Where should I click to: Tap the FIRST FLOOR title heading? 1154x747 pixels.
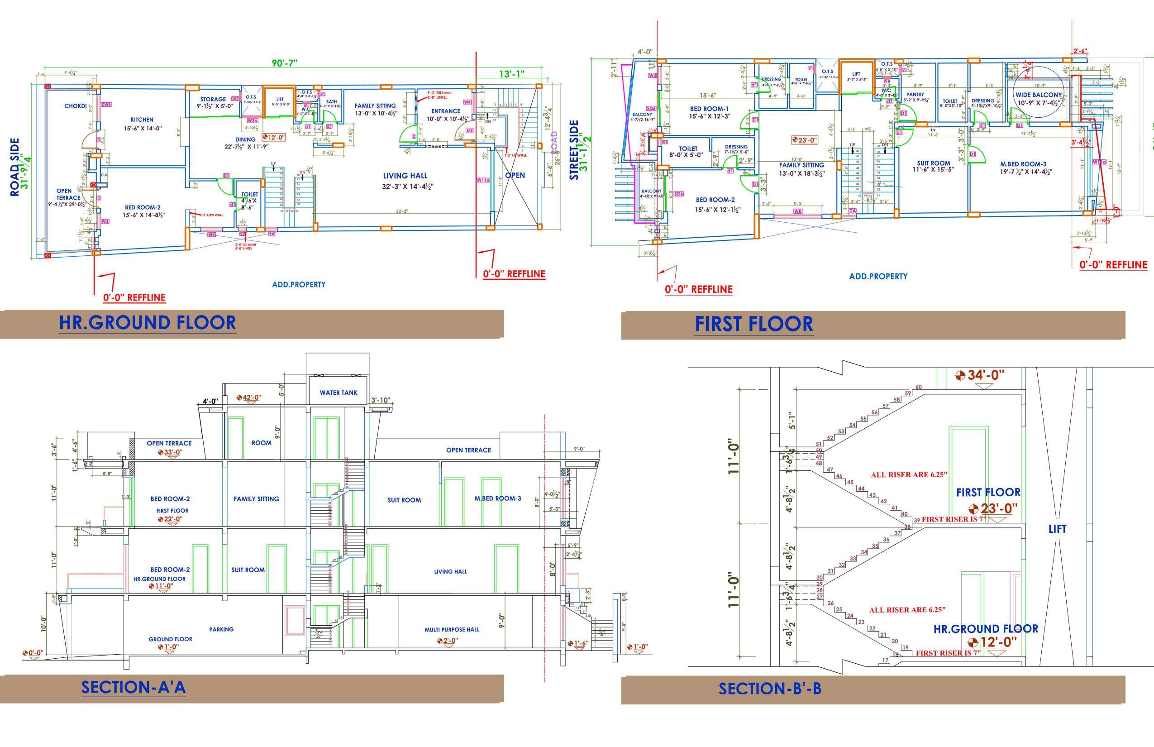[x=753, y=324]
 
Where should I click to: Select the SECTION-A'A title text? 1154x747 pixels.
[x=134, y=687]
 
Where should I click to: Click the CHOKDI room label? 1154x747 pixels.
[x=75, y=106]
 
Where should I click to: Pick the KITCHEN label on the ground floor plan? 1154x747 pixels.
[x=142, y=120]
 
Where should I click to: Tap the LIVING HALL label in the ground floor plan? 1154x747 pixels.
[x=405, y=176]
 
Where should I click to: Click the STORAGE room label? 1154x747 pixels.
[x=213, y=99]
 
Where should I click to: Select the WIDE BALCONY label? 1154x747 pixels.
[x=1039, y=95]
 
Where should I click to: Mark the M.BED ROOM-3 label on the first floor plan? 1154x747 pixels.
[x=1023, y=164]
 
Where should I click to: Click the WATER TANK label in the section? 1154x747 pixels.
[x=338, y=393]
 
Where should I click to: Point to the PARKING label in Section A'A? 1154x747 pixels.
[x=221, y=629]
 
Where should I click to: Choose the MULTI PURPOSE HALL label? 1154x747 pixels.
[x=452, y=630]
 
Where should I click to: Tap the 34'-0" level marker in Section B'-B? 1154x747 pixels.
[x=985, y=375]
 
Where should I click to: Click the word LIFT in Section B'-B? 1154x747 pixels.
[x=1057, y=529]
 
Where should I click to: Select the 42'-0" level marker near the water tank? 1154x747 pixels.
[x=252, y=398]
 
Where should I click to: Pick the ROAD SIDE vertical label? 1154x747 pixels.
[x=15, y=168]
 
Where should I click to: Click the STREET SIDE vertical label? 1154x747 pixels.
[x=574, y=150]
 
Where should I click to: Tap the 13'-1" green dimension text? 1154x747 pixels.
[x=511, y=74]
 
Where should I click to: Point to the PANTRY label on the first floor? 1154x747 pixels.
[x=915, y=95]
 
